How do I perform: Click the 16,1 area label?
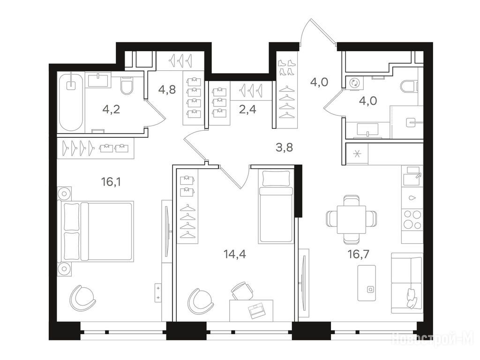point(111,182)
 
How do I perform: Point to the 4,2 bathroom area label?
point(111,109)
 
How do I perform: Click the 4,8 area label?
point(167,90)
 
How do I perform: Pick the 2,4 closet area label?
point(247,109)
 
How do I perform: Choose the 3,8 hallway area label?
point(284,147)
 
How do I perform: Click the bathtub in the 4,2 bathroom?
point(71,102)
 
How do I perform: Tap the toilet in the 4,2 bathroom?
point(127,85)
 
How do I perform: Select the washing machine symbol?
point(355,82)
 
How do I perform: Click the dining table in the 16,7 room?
point(352,219)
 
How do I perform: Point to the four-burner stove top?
point(412,219)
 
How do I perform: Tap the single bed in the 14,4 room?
point(276,207)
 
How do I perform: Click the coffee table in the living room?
point(367,283)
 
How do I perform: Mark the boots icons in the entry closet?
point(286,67)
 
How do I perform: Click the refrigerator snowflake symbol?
point(357,153)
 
